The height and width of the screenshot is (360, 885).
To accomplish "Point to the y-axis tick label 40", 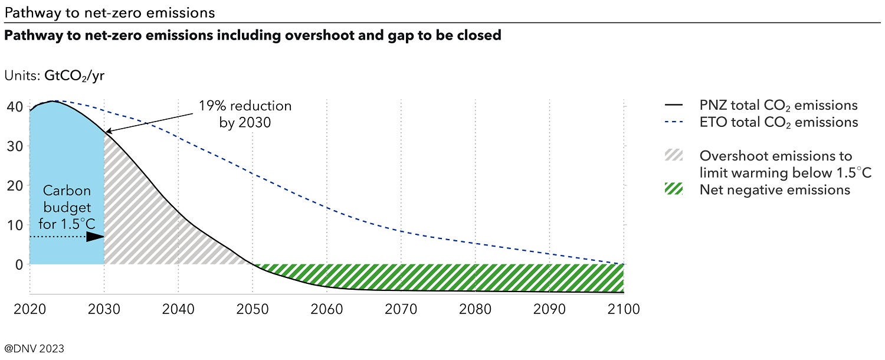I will (15, 107).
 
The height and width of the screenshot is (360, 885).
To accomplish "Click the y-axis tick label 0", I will (19, 264).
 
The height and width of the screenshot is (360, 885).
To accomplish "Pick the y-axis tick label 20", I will (15, 186).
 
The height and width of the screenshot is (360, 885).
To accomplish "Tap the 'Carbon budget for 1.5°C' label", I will (67, 208).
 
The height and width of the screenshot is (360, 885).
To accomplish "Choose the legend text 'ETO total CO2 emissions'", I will (778, 123).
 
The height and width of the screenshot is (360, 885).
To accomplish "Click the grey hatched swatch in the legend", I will (673, 156).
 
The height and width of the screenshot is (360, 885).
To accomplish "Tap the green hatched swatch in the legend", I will (673, 190).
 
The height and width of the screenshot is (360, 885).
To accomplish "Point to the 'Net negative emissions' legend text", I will (775, 190).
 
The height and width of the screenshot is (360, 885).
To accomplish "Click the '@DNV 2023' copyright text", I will (34, 348).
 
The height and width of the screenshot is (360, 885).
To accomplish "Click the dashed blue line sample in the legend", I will (673, 123).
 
